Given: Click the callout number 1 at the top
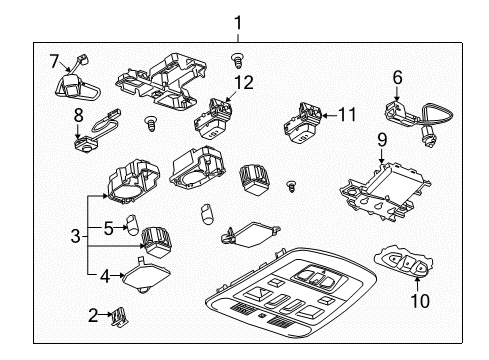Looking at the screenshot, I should [x=237, y=21].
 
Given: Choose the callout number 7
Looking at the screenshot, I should [x=55, y=62].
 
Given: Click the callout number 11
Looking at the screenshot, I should [x=346, y=115].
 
